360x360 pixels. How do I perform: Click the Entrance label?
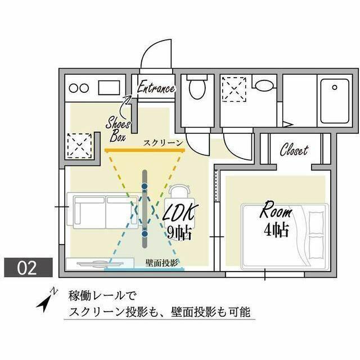point(156,88)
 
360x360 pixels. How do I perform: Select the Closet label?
point(294,150)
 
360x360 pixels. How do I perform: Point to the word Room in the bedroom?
point(276,213)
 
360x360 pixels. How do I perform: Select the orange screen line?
point(145,151)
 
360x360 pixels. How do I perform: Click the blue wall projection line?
point(145,269)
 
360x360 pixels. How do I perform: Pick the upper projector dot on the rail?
point(145,185)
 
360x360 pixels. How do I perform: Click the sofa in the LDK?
point(100,213)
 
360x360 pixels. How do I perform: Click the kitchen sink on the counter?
point(108,88)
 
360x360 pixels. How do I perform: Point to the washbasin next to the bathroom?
point(262,87)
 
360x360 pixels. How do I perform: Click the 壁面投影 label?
point(161,262)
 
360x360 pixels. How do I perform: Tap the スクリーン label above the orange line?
point(163,143)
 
